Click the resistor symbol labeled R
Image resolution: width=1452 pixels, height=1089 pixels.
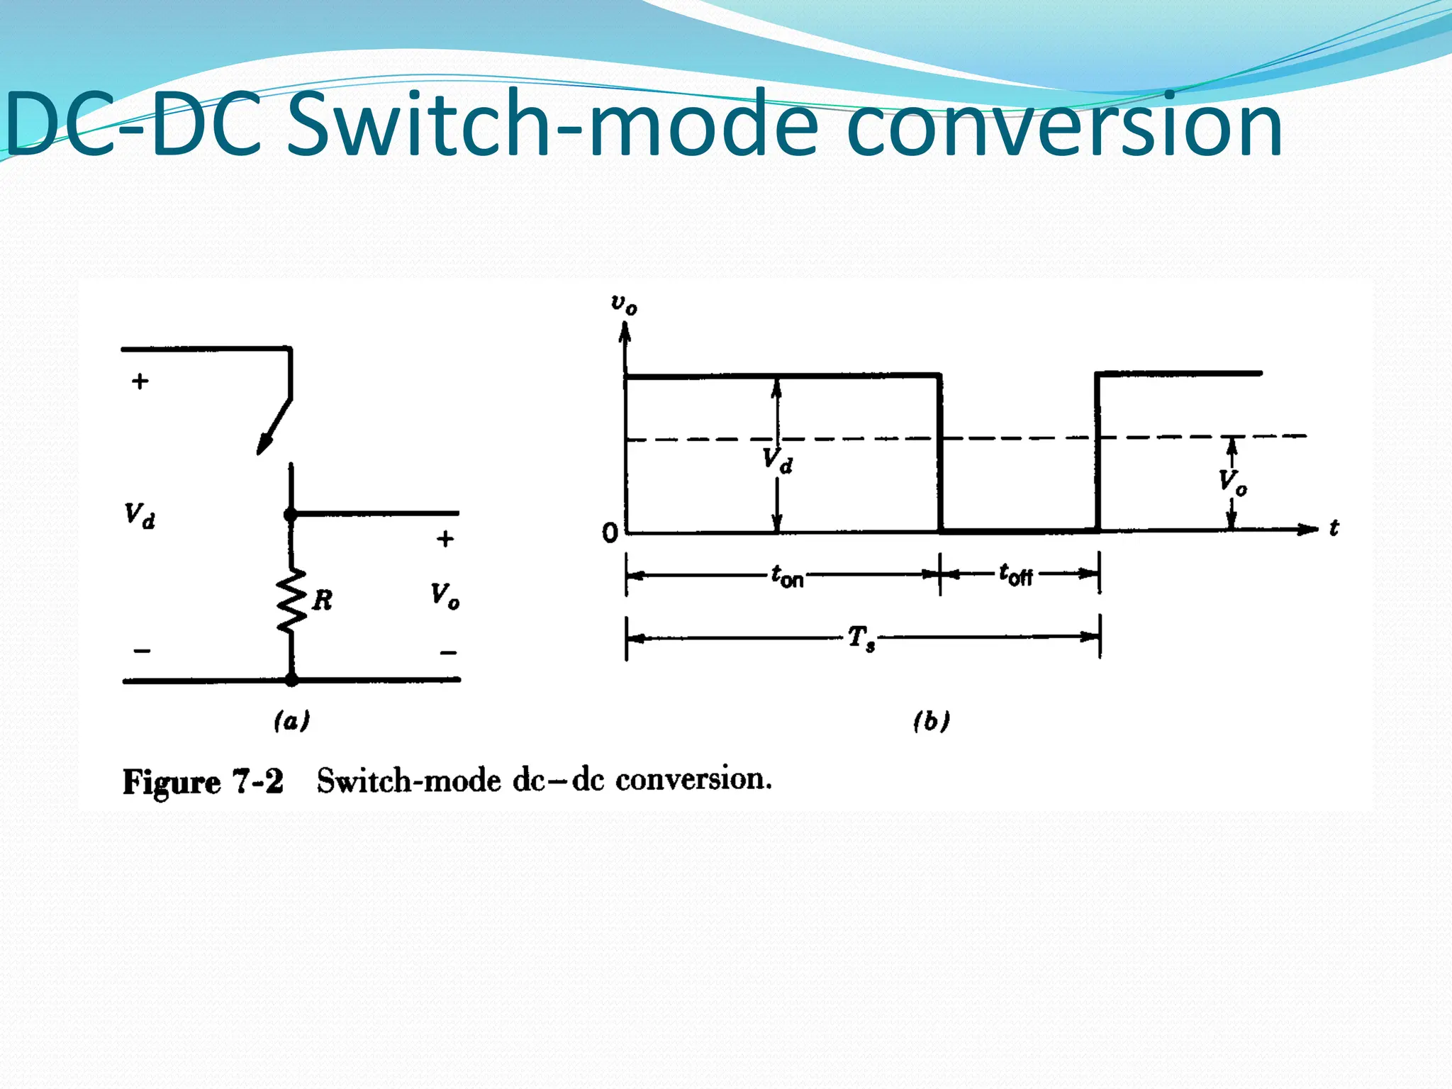pos(291,600)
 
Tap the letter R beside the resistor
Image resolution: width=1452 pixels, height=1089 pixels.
pos(323,601)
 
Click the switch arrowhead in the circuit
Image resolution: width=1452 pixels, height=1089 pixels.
pos(264,445)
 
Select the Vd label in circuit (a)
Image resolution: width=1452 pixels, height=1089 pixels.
pos(140,515)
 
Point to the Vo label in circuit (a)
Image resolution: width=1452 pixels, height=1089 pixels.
pos(445,595)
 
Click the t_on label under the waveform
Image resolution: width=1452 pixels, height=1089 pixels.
pos(787,576)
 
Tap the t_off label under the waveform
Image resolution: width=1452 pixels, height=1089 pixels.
pos(1015,574)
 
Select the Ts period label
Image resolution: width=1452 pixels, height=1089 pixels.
pos(861,638)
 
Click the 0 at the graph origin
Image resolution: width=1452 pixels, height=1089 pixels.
pos(610,533)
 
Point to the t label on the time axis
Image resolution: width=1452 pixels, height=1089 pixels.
pos(1334,528)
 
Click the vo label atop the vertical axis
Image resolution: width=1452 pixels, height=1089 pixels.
pos(624,304)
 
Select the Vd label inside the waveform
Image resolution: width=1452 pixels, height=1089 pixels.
pos(778,461)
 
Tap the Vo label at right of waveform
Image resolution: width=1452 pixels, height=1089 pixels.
pos(1232,482)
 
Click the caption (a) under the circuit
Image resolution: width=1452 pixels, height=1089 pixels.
pos(291,721)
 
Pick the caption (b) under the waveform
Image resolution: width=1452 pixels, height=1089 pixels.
pos(931,721)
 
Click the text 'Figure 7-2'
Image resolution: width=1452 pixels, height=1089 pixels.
pos(203,782)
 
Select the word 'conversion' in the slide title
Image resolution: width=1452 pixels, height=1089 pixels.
pos(1063,126)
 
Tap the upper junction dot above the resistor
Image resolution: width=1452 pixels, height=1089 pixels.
pos(291,514)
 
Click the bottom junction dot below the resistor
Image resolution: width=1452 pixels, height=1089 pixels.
pos(291,679)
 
